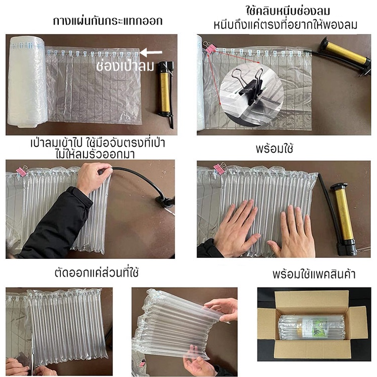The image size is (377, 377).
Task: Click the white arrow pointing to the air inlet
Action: (151, 52)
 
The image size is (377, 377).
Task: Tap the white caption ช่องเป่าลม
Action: (125, 66)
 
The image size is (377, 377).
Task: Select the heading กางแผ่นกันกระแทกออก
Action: (108, 21)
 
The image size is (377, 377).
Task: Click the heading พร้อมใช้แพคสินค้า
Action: (314, 274)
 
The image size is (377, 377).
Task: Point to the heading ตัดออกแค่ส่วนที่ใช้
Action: (97, 272)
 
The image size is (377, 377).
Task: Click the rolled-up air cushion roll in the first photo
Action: (27, 81)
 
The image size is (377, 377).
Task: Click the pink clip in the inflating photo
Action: (22, 171)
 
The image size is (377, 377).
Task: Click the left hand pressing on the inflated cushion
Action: (236, 228)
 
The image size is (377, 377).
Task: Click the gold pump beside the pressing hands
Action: (344, 219)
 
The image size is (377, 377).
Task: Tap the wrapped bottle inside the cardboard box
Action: (312, 327)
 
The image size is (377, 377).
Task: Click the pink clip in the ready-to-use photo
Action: (219, 168)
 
